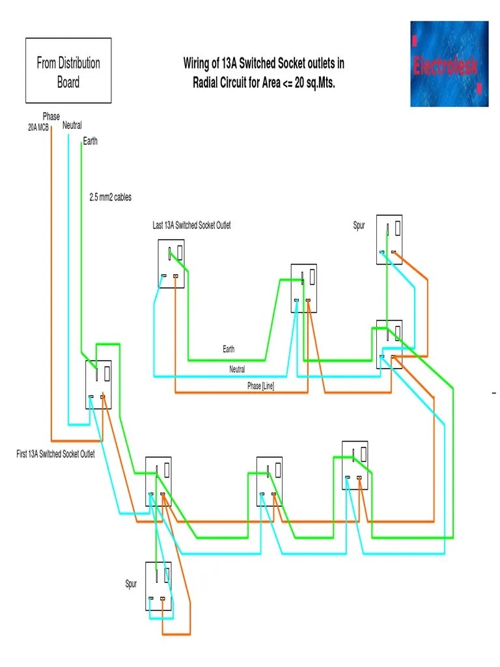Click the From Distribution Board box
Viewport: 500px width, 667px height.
(x=68, y=70)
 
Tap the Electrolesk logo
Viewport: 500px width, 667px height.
(x=449, y=64)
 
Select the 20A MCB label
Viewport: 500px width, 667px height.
(x=38, y=128)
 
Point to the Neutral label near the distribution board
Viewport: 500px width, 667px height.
(x=72, y=125)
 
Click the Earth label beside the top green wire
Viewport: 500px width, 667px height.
(x=90, y=141)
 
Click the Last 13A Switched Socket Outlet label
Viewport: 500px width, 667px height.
(x=191, y=225)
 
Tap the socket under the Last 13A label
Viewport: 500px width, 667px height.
(x=171, y=263)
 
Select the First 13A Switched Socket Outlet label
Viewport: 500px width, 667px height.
(x=55, y=454)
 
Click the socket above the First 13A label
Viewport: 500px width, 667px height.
(x=98, y=384)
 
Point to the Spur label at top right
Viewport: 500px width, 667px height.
(x=359, y=226)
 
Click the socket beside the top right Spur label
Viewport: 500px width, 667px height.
(x=389, y=240)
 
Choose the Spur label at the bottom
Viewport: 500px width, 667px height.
(x=131, y=584)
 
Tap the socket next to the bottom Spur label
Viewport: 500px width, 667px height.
(x=158, y=586)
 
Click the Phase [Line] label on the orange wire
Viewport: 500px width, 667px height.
(x=260, y=386)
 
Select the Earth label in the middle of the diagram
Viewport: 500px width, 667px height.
(x=229, y=350)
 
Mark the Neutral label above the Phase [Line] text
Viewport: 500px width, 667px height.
(x=237, y=369)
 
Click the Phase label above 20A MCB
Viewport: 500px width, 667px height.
(x=51, y=117)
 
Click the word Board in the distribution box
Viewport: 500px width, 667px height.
(x=68, y=82)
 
